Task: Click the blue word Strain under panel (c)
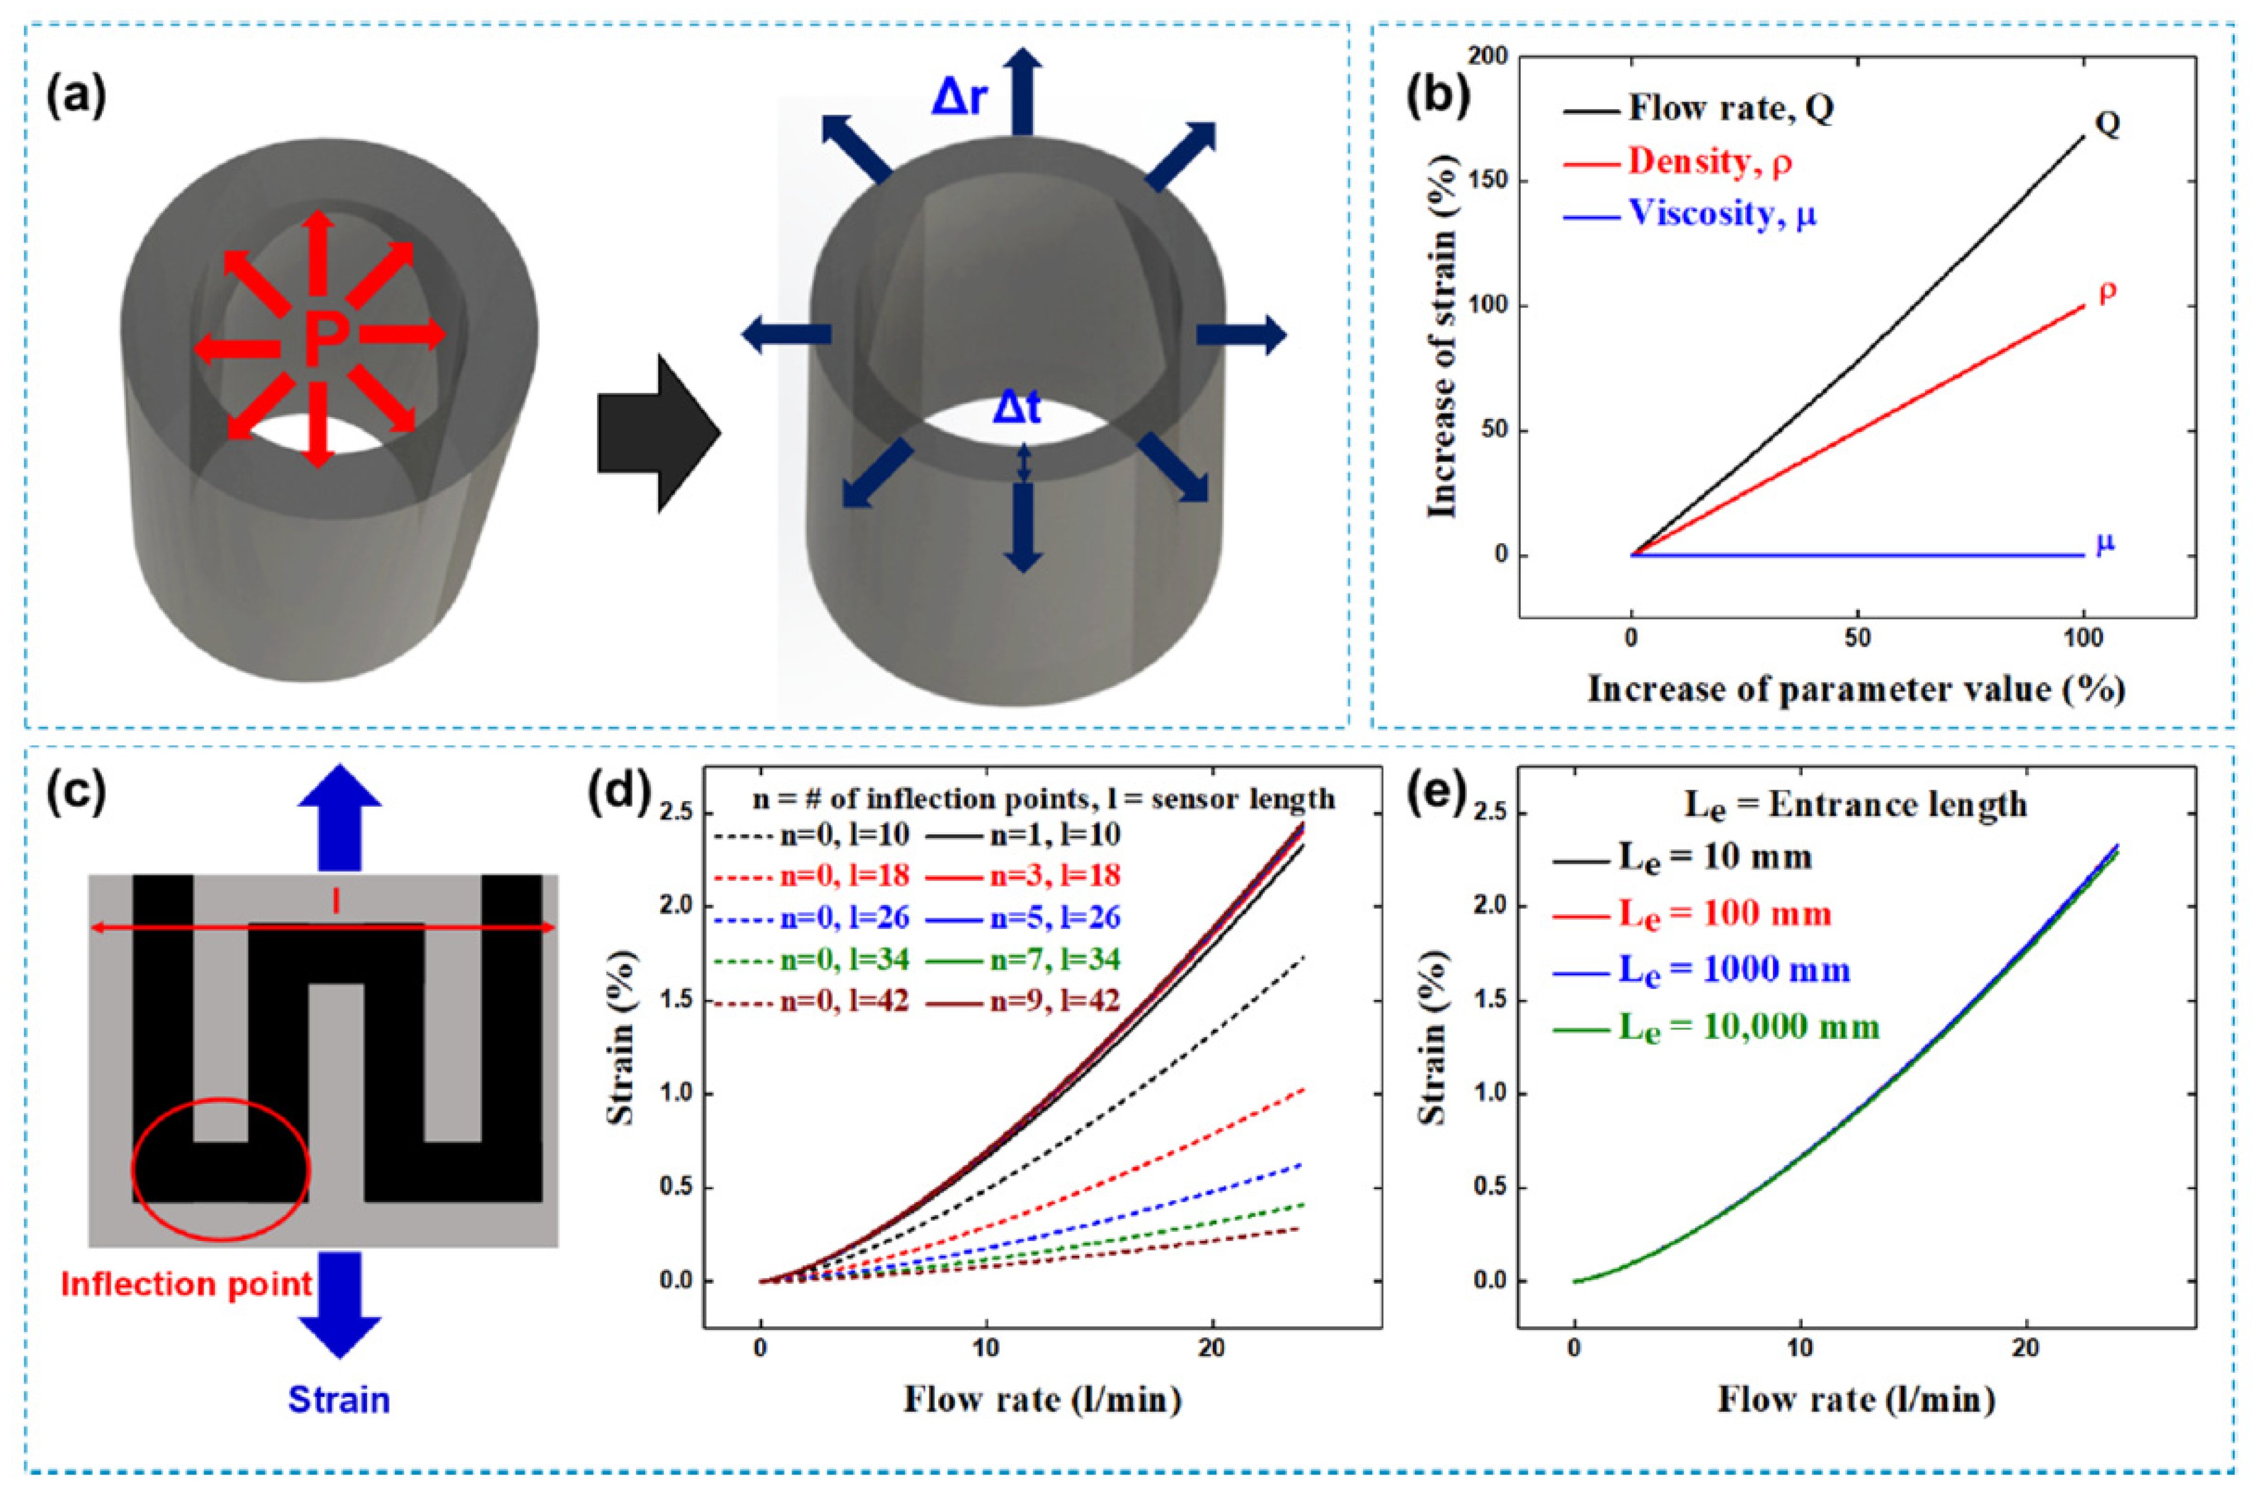(x=339, y=1399)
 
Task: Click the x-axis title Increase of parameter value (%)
(x=1855, y=688)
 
